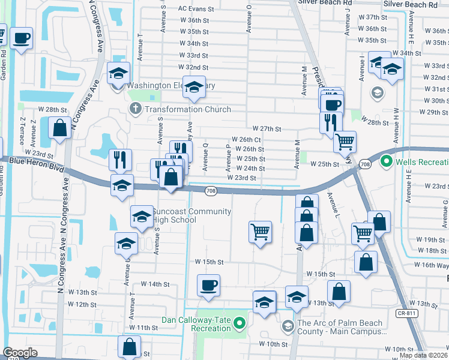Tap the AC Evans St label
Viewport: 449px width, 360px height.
tap(196, 9)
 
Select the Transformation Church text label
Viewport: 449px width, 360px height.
tap(187, 109)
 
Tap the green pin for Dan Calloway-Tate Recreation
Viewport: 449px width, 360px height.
tap(240, 324)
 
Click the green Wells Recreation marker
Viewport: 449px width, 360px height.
tap(387, 161)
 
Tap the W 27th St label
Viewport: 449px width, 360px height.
tap(267, 129)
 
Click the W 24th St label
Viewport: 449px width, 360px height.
tap(251, 169)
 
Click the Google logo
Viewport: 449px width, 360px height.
tap(20, 353)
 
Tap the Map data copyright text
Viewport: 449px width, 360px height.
tap(423, 355)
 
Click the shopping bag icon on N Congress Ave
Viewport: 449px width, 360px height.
tap(61, 128)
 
